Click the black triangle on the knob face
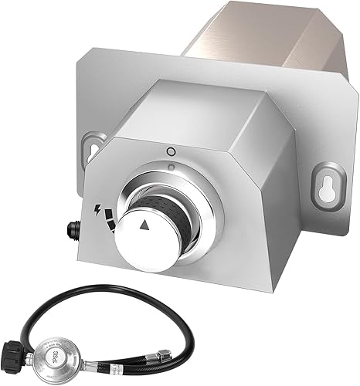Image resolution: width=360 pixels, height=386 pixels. (x=145, y=225)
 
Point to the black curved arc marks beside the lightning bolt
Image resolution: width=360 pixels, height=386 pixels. (x=114, y=218)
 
